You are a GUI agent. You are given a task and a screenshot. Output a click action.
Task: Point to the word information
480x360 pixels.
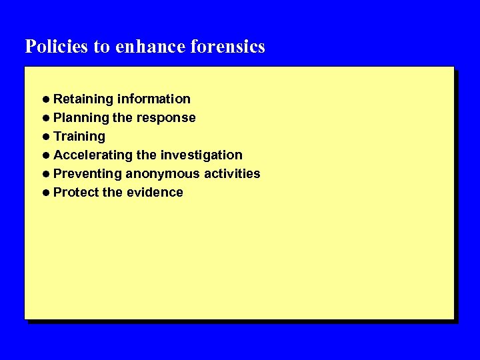pos(154,99)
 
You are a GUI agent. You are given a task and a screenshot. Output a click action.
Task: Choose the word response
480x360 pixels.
pos(166,118)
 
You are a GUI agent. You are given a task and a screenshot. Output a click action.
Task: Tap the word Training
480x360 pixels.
pos(79,137)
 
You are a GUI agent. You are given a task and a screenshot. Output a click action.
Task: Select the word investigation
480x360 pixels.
pos(201,155)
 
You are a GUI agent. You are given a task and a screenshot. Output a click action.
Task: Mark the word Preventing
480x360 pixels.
pos(88,174)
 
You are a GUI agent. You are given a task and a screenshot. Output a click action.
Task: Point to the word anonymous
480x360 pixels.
pos(163,174)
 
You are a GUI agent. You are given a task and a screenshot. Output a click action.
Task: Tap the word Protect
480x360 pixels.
pos(75,193)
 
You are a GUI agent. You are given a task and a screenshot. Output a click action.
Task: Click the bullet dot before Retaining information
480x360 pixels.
pos(45,99)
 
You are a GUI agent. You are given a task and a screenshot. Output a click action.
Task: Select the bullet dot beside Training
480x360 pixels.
pos(45,137)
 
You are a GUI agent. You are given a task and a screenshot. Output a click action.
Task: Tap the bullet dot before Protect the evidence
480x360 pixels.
pos(45,193)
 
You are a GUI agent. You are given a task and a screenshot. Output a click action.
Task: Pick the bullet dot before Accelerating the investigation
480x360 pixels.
pos(45,155)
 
